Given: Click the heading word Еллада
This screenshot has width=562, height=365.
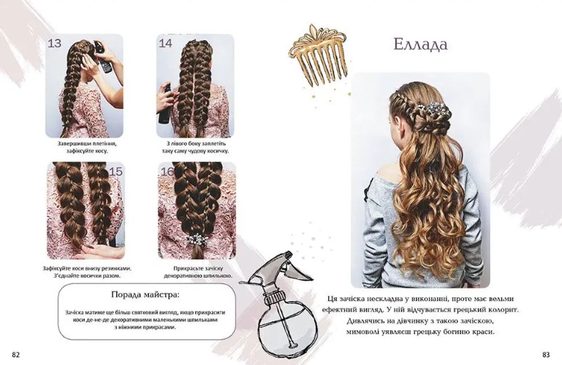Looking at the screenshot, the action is click(x=421, y=45).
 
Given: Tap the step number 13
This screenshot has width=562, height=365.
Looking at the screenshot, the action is click(x=54, y=44).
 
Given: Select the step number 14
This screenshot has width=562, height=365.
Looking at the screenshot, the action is click(x=166, y=44).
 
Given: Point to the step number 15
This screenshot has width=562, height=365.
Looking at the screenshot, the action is click(x=115, y=171).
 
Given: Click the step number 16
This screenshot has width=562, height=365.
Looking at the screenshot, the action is click(x=167, y=171).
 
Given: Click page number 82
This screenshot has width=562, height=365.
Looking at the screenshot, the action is click(x=16, y=355).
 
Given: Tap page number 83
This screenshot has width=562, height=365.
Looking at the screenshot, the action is click(x=546, y=355).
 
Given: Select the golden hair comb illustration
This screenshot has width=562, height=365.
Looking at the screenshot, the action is click(x=318, y=56).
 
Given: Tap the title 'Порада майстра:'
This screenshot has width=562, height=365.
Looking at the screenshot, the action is click(x=146, y=294).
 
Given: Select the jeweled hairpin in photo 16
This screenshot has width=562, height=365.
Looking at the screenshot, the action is click(x=196, y=238).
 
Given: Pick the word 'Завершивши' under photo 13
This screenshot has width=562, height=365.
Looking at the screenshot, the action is click(x=73, y=143).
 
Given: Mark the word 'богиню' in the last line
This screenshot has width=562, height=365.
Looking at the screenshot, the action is click(x=462, y=332).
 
